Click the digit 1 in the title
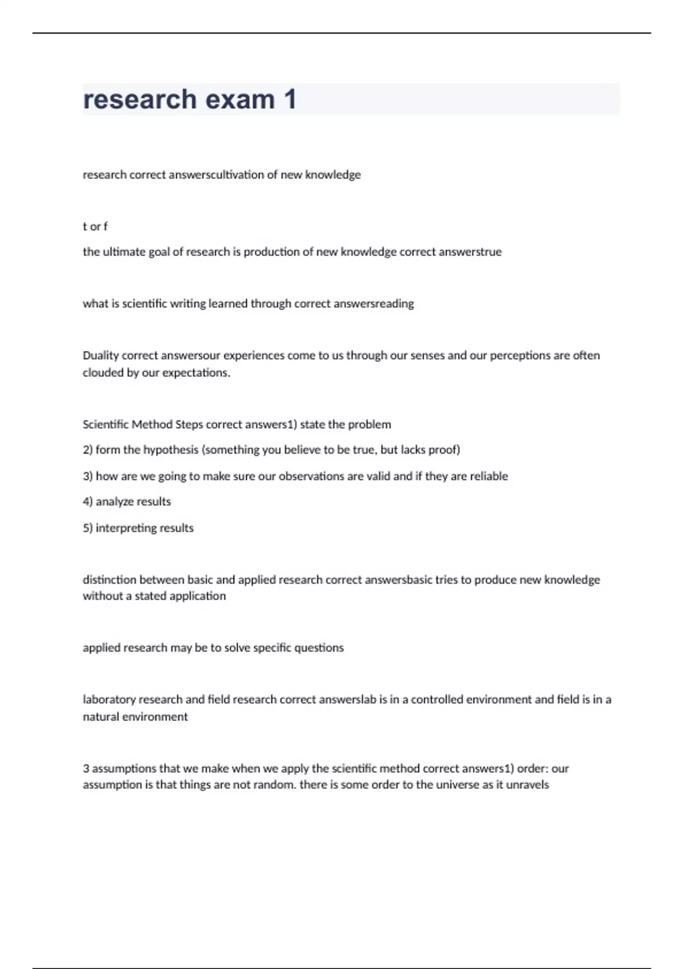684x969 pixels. [x=290, y=100]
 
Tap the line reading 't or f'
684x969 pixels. [x=95, y=226]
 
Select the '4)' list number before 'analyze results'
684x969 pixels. [x=88, y=502]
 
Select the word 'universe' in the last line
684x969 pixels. [x=455, y=785]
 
